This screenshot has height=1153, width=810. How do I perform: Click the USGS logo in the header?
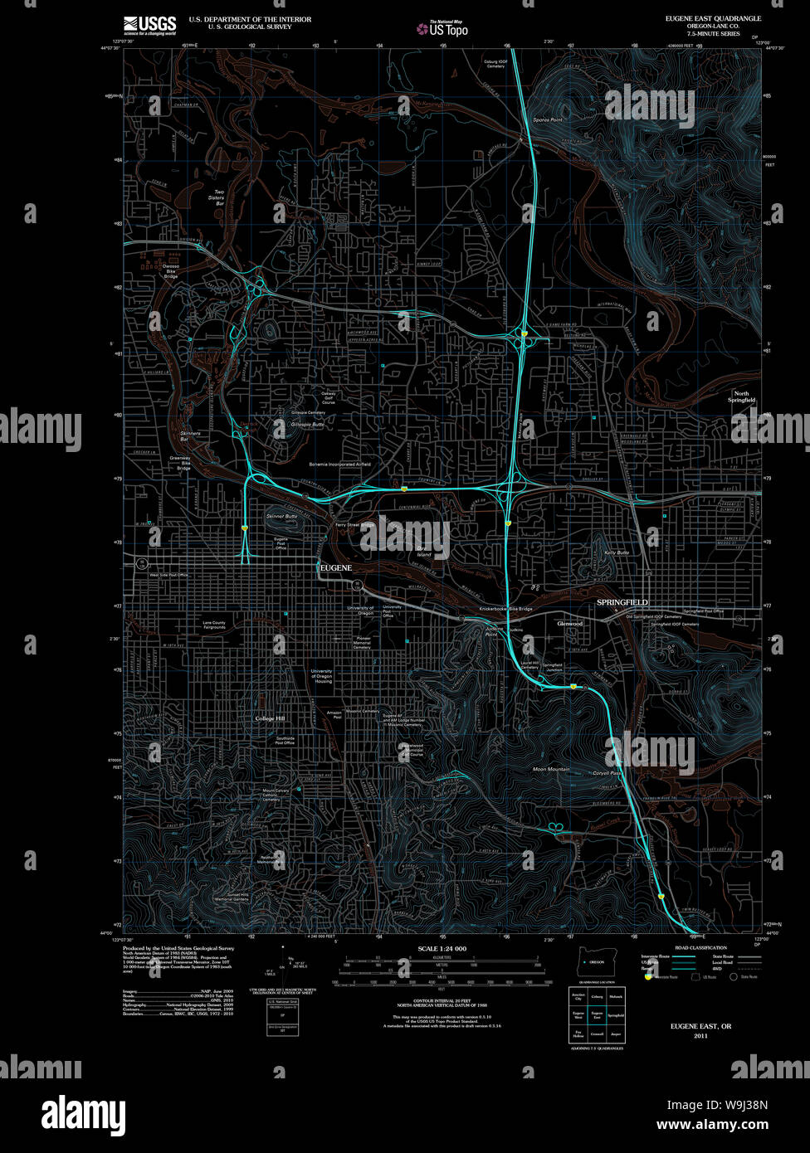click(x=150, y=24)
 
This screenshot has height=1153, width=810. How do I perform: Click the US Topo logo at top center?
click(x=443, y=28)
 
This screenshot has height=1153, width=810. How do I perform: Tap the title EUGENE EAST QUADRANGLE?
click(x=712, y=18)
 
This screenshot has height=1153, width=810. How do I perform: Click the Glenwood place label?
click(x=570, y=623)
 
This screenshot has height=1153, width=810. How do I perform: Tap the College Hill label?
click(x=270, y=718)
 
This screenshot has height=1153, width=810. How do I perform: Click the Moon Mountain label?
click(x=551, y=769)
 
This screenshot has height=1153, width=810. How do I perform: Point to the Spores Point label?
click(x=547, y=120)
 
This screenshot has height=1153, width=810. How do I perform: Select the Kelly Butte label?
click(x=617, y=552)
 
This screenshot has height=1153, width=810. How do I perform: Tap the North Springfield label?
click(x=742, y=396)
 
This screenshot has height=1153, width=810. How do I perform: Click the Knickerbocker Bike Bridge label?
click(x=505, y=609)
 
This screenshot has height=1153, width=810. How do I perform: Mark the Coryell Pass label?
click(x=607, y=773)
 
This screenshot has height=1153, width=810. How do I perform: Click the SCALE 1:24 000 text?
click(x=442, y=948)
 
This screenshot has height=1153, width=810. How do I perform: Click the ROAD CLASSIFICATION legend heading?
click(x=700, y=947)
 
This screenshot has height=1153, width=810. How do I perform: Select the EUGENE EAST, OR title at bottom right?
click(x=701, y=1026)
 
